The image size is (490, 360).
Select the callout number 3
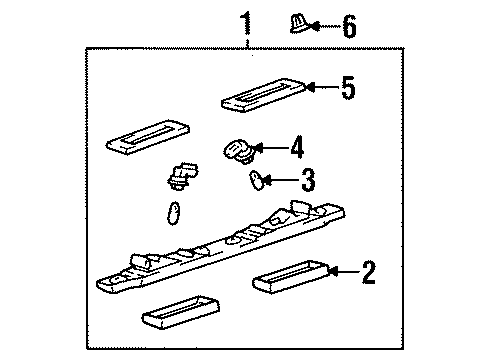pyautogui.click(x=307, y=181)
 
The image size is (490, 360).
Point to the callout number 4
pyautogui.click(x=295, y=150)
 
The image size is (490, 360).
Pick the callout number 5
pyautogui.click(x=346, y=89)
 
